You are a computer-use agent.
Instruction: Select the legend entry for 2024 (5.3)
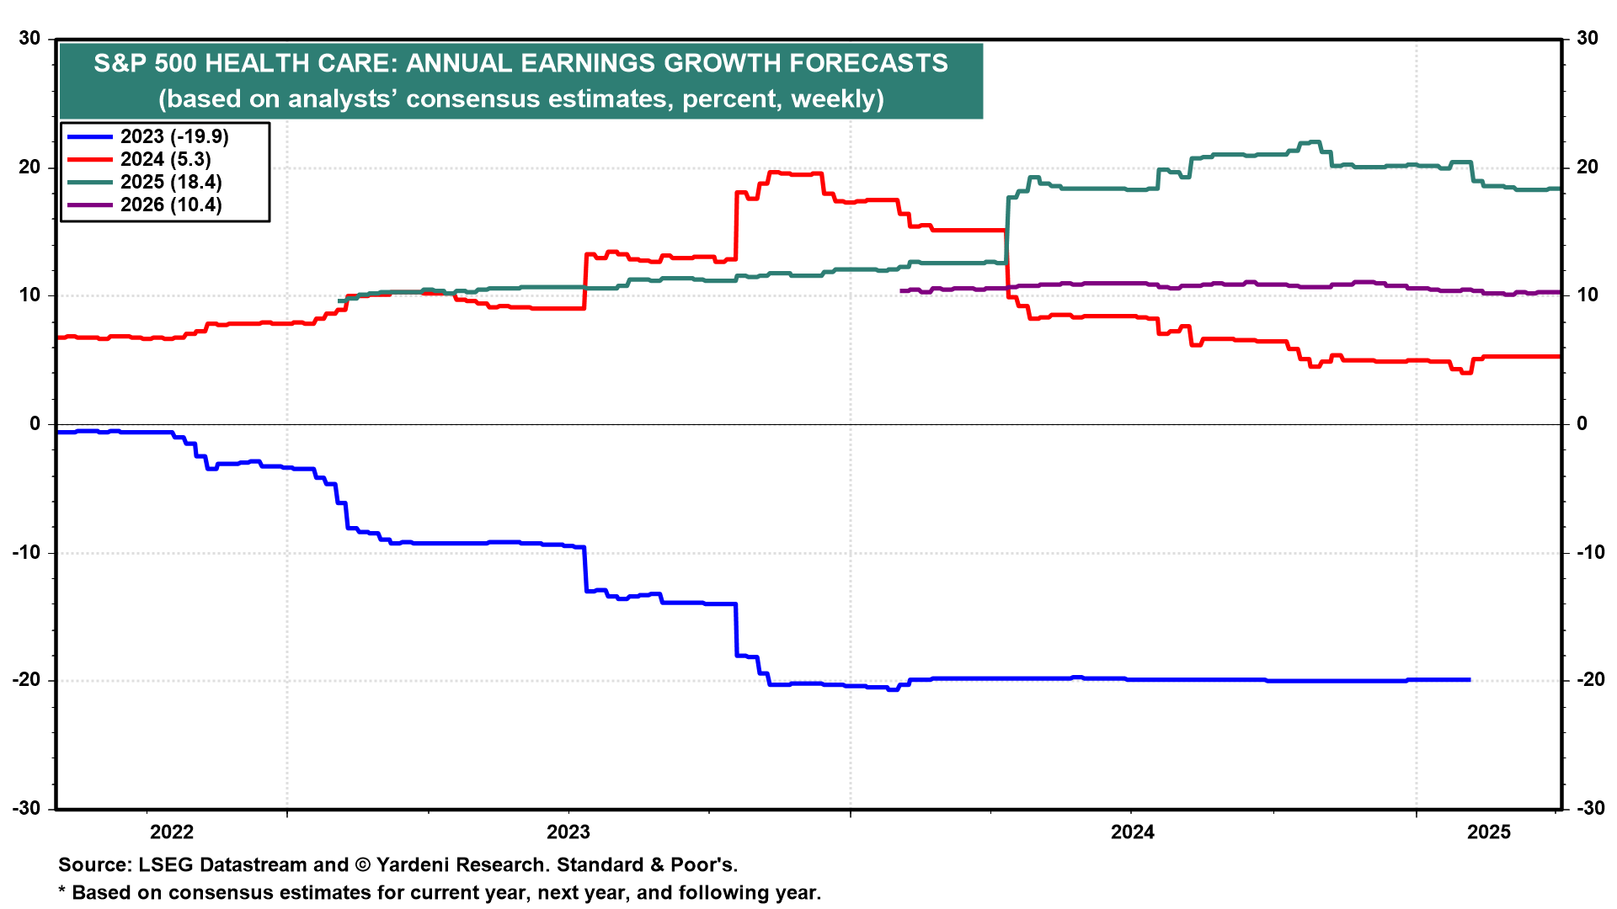click(x=165, y=159)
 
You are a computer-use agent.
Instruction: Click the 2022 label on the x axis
click(x=172, y=832)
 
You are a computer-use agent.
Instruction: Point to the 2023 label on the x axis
click(x=568, y=832)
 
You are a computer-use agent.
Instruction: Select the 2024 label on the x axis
click(x=1133, y=832)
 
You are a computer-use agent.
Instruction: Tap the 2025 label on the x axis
click(x=1489, y=832)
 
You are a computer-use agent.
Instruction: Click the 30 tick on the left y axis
click(x=30, y=39)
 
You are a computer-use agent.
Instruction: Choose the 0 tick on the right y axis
click(x=1582, y=423)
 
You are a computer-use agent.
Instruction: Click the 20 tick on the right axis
click(x=1587, y=167)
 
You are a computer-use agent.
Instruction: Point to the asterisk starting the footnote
click(x=61, y=890)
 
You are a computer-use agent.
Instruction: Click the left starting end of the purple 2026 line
click(x=901, y=290)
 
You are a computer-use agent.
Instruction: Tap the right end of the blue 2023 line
click(x=1470, y=679)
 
